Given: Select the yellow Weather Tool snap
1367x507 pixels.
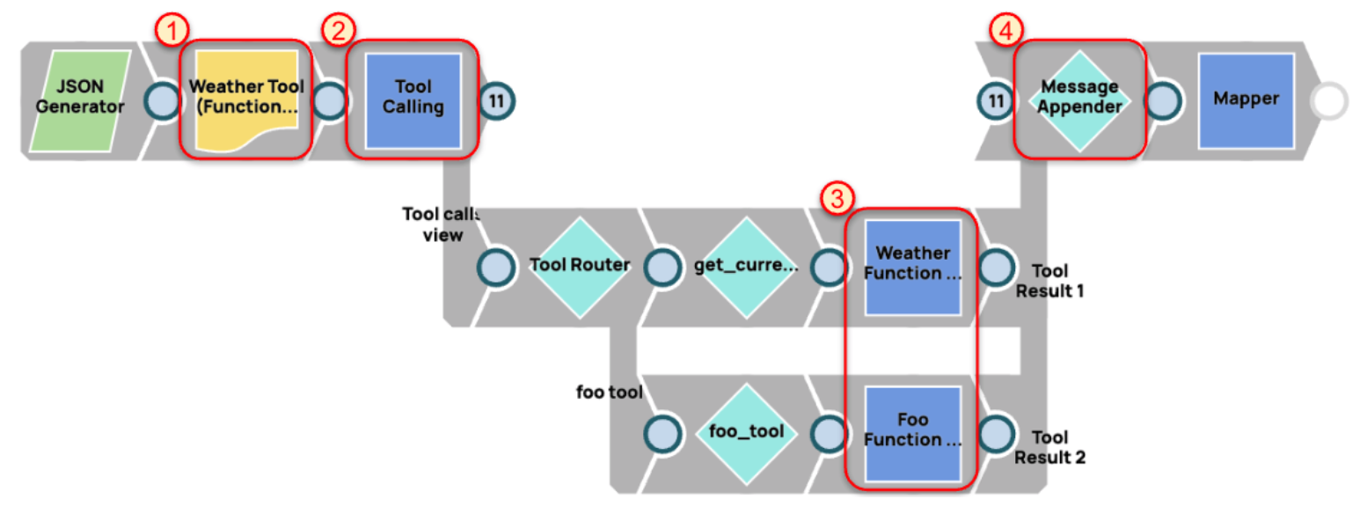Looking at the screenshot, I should pos(247,99).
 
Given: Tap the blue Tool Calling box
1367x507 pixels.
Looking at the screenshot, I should pos(413,99).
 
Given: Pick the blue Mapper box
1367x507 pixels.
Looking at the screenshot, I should pos(1245,99).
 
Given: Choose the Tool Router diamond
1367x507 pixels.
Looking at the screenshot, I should pos(580,267).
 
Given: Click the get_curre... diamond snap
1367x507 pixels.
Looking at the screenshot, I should pos(745,267).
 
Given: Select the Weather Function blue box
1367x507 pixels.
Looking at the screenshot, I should pos(911,267).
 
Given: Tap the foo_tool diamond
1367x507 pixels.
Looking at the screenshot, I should pos(746,432).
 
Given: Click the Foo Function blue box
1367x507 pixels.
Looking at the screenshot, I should pos(911,432).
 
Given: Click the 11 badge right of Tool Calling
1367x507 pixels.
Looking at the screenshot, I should pos(497,101).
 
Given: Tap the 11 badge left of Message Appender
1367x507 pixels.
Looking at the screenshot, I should pos(996,101).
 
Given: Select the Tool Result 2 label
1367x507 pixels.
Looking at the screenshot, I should pos(1049,447).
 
